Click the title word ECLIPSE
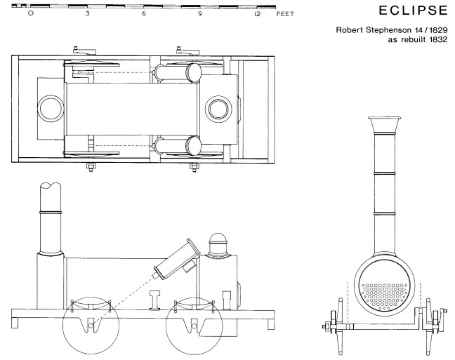click(411, 13)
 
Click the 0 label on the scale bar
click(29, 13)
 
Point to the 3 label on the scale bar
click(86, 13)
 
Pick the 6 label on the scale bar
click(143, 13)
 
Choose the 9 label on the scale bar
click(200, 13)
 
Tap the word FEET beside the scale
click(282, 13)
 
